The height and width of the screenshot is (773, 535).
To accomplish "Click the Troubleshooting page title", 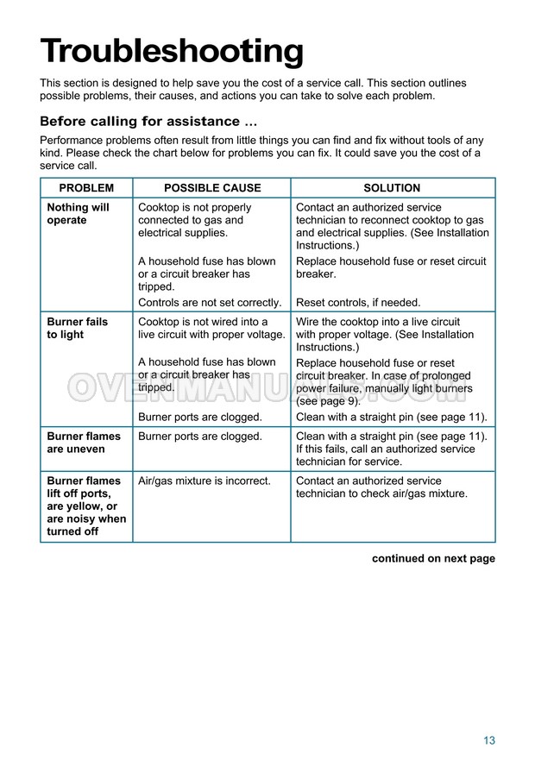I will pos(172,52).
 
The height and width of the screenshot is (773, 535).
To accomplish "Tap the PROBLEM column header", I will pos(86,188).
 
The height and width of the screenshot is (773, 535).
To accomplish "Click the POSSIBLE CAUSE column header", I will pos(212,188).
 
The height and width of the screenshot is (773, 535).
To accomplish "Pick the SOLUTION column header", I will pos(392,188).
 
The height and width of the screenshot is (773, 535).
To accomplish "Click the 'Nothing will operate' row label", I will pos(78,214).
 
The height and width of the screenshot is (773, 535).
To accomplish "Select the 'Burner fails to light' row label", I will pos(77,328).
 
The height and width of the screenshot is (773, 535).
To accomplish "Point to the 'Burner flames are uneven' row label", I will pos(76,443).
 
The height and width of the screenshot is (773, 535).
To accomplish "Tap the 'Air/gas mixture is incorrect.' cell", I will pos(205,481).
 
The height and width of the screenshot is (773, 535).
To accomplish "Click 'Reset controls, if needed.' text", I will pos(358,303).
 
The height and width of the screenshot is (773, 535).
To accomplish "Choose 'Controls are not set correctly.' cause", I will pos(210,303).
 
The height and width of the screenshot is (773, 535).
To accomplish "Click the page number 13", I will pos(489,740).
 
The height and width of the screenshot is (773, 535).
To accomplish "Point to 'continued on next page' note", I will pos(433,558).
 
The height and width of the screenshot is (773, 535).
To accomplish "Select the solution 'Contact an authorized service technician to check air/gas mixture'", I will pos(381,487).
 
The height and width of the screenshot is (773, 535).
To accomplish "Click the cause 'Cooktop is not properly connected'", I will pos(195,220).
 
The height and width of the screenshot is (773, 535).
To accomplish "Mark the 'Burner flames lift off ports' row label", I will pos(85,506).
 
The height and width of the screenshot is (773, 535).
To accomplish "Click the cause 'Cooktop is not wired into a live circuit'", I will pos(211,328).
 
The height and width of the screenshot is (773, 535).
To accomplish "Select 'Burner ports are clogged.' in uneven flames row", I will pos(199,437).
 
